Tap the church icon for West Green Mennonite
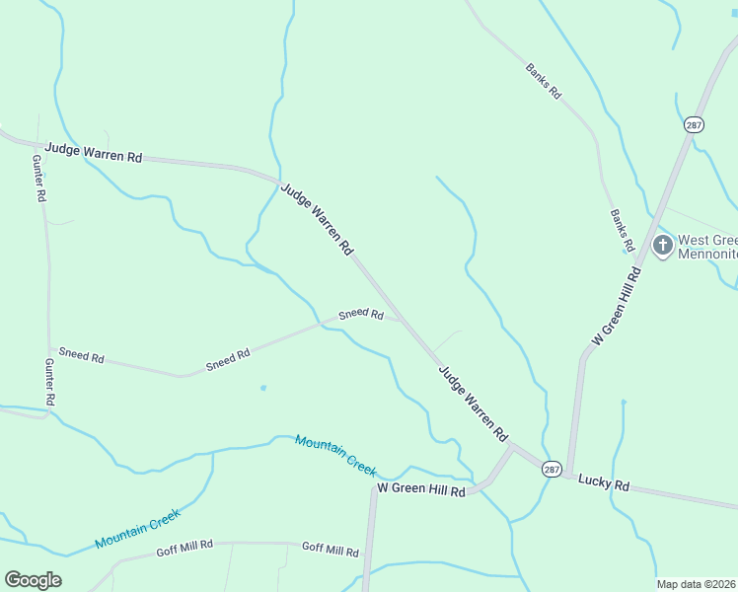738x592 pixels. (663, 244)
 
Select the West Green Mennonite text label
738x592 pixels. (706, 247)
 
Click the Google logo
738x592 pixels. (33, 580)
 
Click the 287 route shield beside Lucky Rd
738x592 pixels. (552, 471)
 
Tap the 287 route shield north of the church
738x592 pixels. (694, 124)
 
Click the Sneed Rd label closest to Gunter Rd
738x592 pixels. (81, 355)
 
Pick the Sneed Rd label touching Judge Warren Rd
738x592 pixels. (361, 314)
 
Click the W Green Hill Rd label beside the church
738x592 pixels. (617, 305)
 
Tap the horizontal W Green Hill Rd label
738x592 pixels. (420, 489)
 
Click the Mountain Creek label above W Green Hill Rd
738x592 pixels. (335, 454)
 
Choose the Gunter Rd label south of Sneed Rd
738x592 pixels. (49, 383)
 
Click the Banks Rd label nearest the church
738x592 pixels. (621, 229)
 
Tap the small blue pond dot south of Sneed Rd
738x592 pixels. (262, 388)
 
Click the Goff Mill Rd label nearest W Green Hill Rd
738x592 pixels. (330, 548)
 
